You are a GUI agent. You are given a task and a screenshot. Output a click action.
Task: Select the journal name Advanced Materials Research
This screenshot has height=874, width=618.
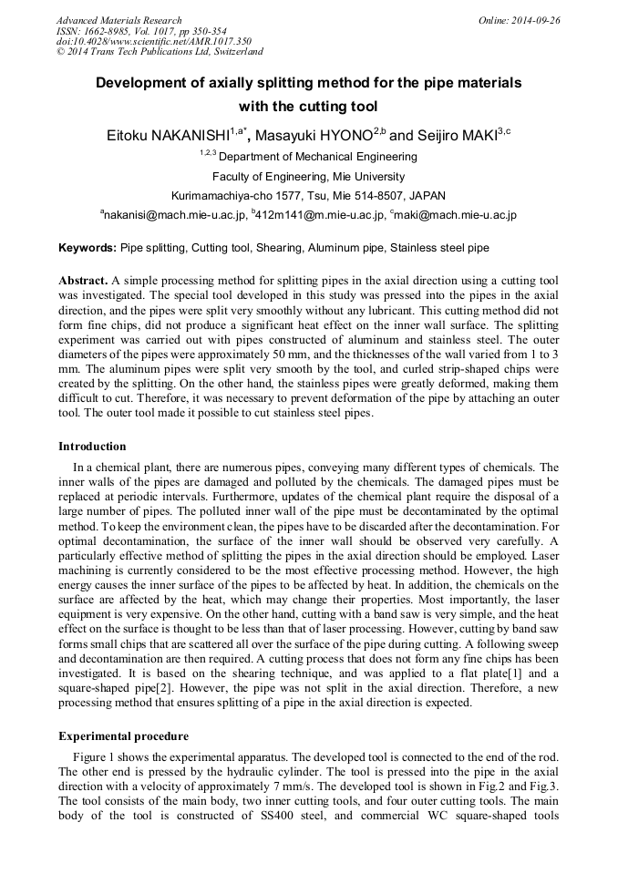click(118, 20)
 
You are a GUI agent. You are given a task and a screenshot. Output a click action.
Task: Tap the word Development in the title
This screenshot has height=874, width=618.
click(140, 83)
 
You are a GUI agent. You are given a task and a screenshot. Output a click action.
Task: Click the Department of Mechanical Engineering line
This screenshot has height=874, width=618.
click(308, 157)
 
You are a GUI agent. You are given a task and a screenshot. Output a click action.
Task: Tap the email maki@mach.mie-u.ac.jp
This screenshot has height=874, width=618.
click(456, 216)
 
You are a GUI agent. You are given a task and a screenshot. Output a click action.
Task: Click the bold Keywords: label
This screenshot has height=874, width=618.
click(88, 248)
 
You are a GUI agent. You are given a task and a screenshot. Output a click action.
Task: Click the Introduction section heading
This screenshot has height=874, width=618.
click(92, 447)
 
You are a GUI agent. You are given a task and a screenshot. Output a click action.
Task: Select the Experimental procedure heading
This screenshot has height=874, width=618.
click(123, 736)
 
